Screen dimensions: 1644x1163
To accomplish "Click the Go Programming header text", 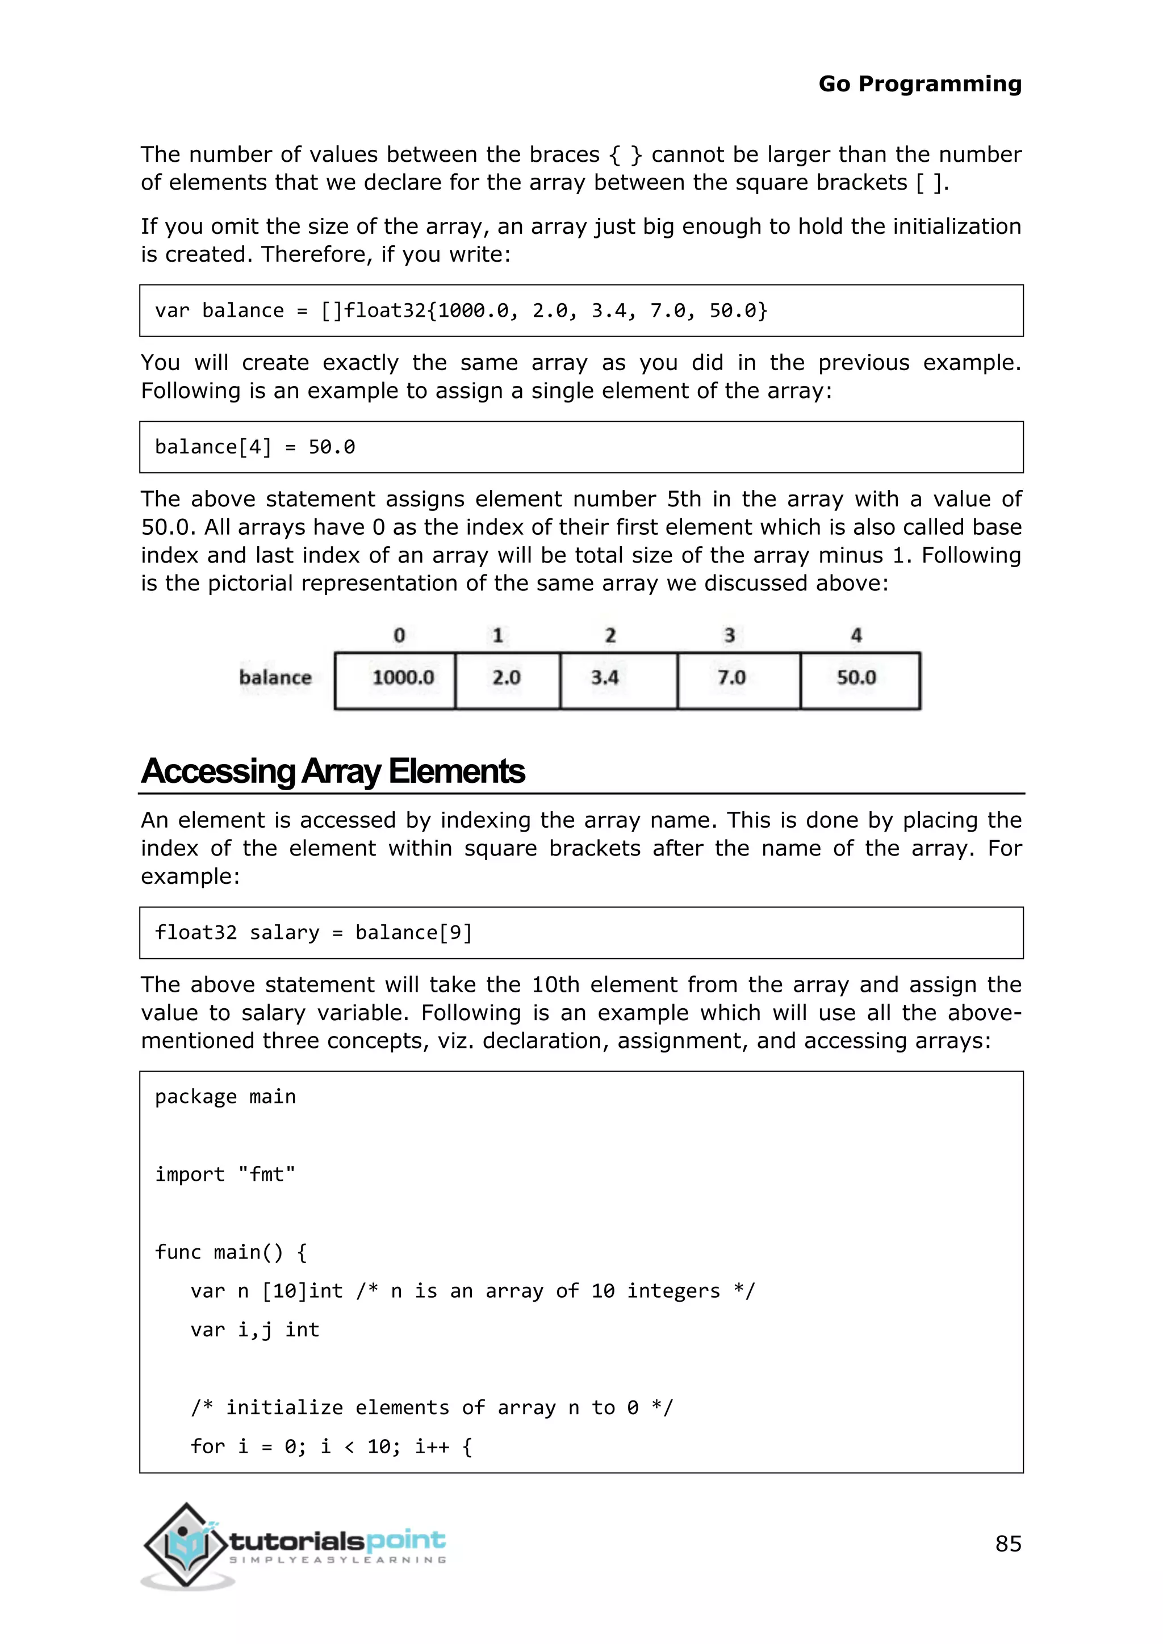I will coord(919,84).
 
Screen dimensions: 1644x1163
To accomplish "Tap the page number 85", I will coord(1007,1543).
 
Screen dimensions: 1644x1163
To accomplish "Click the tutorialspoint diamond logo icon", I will coord(186,1545).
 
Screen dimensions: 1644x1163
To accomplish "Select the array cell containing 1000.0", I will coord(395,680).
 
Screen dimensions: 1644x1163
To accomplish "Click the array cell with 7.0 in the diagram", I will coord(738,680).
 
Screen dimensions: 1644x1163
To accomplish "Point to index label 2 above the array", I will coord(609,635).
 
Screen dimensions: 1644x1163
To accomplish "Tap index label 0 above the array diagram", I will coord(399,635).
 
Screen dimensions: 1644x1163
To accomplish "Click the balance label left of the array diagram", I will coord(275,677).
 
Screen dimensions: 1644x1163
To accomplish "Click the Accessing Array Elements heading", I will coord(333,771).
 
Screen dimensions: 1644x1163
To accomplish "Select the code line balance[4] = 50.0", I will coord(255,447).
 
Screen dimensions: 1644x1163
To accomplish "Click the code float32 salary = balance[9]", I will coord(313,932).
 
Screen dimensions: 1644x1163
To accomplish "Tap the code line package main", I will coord(225,1096).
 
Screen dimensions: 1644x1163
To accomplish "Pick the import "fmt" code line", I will coord(225,1175).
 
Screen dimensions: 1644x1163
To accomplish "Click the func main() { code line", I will coord(231,1252).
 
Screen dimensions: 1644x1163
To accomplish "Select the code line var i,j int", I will coord(255,1330).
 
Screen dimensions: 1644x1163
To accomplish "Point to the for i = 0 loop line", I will coord(331,1446).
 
